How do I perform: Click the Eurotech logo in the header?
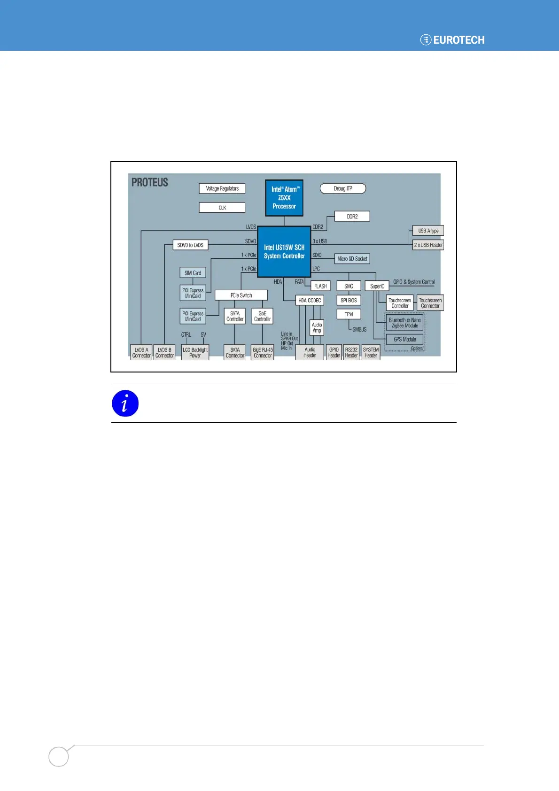(452, 40)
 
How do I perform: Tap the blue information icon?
(125, 403)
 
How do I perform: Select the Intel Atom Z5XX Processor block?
(284, 198)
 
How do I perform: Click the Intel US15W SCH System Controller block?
(284, 252)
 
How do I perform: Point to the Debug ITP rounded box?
(343, 188)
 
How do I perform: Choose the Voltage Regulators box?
(222, 188)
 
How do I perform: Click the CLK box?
(222, 208)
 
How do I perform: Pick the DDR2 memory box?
(352, 217)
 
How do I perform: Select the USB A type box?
(428, 231)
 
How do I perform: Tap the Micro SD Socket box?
(352, 259)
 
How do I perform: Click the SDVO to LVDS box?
(190, 245)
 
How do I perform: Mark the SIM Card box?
(193, 273)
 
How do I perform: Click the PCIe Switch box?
(241, 295)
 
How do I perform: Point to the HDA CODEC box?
(310, 300)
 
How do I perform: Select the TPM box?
(349, 314)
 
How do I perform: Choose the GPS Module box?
(404, 339)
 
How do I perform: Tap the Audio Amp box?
(317, 327)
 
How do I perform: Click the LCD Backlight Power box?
(195, 353)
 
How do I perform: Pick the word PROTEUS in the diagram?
(150, 182)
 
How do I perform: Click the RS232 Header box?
(351, 353)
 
